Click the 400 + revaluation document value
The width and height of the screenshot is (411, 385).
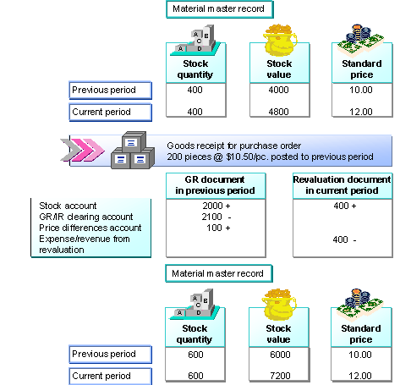[x=342, y=206]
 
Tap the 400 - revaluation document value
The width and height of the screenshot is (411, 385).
[x=342, y=239]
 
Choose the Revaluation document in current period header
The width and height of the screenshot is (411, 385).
[x=342, y=185]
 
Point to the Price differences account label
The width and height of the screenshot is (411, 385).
[x=85, y=228]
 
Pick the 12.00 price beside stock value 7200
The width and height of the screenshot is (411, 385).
[x=361, y=374]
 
